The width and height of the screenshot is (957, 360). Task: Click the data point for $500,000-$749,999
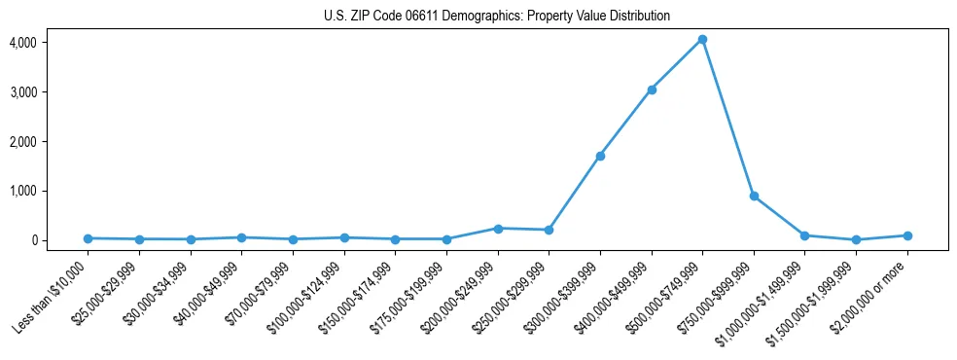[702, 40]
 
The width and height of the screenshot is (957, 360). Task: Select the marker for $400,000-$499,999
[652, 90]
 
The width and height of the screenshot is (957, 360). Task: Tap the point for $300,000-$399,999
[600, 156]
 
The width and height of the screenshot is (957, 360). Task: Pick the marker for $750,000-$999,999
[754, 197]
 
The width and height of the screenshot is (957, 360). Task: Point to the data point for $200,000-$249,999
[498, 229]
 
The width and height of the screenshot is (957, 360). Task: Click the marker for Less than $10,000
[89, 238]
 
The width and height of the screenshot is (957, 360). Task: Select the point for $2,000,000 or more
[906, 235]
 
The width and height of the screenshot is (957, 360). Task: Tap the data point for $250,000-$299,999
[549, 231]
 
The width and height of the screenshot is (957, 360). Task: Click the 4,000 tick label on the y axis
[23, 43]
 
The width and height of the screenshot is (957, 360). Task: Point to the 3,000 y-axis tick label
[23, 92]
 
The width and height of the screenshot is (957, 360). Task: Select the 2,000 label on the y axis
[23, 142]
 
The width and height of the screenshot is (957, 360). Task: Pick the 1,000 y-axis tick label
[23, 192]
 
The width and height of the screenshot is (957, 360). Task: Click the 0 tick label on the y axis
[33, 240]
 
